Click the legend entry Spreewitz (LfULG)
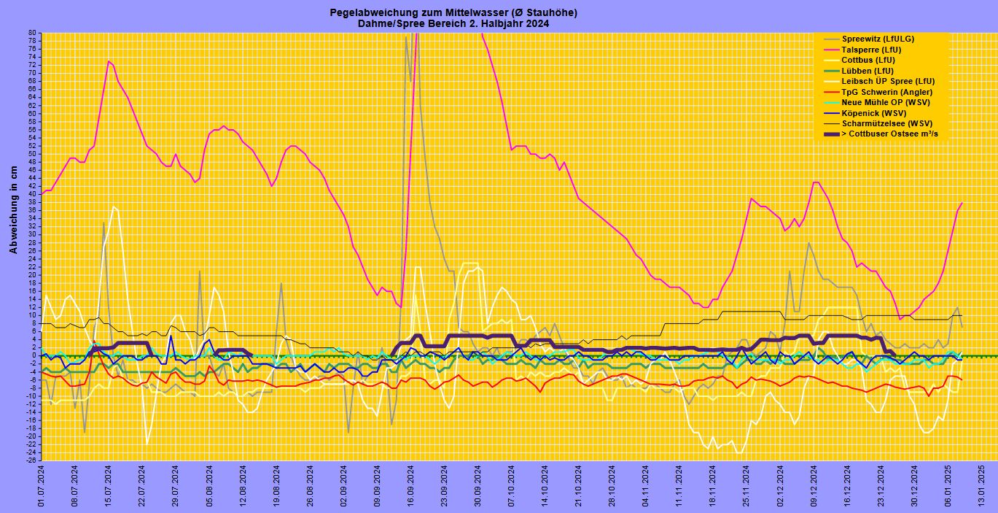pos(878,39)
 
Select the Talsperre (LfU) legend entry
pos(871,50)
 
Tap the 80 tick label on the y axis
pos(32,33)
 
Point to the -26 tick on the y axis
pos(31,460)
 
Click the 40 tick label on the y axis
pos(32,194)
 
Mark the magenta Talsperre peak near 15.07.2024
pos(108,61)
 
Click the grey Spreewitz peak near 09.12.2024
pos(808,242)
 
